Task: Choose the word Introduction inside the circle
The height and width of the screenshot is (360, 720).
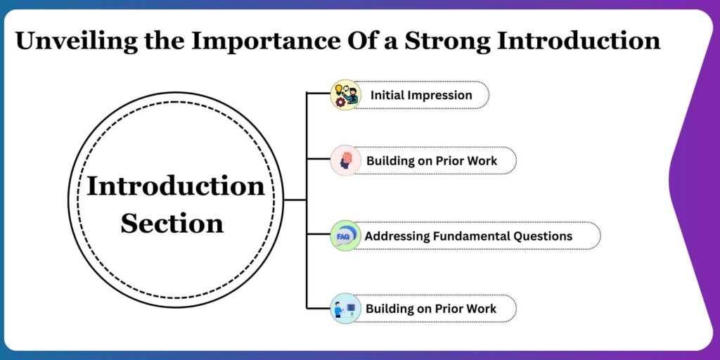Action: click(x=175, y=187)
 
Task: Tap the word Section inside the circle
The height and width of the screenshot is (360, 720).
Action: click(x=172, y=224)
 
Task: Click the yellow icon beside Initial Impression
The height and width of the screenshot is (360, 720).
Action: click(x=345, y=95)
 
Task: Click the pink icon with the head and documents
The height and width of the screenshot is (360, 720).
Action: click(x=345, y=160)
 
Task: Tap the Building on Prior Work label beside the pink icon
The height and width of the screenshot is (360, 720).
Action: click(x=431, y=161)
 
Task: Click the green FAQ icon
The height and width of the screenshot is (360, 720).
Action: click(x=345, y=236)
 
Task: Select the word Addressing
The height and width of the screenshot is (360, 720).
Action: click(x=397, y=236)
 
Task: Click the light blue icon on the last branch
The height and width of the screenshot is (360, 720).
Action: click(x=345, y=308)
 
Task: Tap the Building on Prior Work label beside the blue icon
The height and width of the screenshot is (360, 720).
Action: click(x=430, y=309)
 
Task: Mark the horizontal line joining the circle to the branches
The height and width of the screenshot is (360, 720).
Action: click(x=295, y=200)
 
